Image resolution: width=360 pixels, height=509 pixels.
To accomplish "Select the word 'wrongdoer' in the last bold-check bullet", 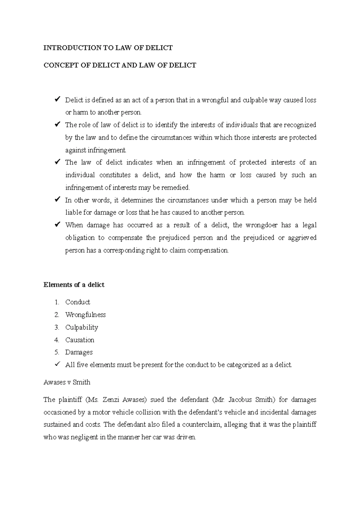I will (x=262, y=225).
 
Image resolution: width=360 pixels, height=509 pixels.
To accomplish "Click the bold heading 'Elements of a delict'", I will (x=74, y=285).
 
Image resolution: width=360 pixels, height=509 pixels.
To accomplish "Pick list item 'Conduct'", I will (x=78, y=302).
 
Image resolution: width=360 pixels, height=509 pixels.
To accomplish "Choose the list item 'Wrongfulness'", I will (x=85, y=315).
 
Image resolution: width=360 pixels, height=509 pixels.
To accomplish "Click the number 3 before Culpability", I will (x=57, y=327).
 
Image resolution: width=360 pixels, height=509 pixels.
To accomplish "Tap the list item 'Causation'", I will (x=80, y=340).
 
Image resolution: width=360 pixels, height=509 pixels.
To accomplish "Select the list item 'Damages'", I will (x=79, y=353).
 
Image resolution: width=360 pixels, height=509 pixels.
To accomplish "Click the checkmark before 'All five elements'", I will (x=57, y=365).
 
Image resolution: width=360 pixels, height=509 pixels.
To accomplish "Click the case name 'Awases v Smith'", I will (x=67, y=382).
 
